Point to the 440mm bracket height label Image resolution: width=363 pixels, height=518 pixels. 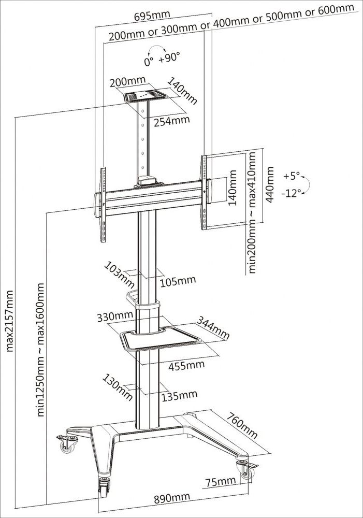point(269,185)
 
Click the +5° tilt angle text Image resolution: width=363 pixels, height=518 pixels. point(292,176)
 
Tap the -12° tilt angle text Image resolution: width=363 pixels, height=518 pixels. point(293,193)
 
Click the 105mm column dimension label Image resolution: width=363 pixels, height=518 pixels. point(178,281)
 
